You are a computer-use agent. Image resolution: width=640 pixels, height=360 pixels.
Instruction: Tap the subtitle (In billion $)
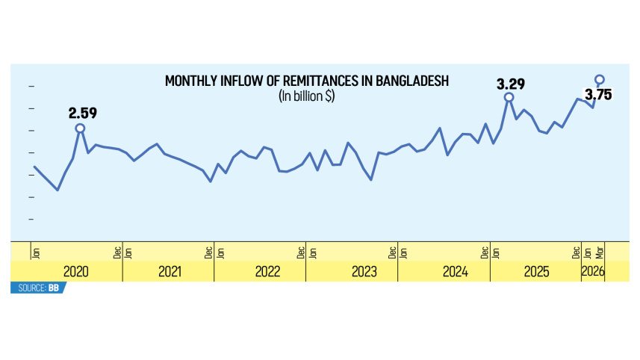[306, 96]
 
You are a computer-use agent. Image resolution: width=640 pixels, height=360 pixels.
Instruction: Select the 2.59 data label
[83, 114]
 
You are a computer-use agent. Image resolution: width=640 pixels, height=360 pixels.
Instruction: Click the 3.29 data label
[512, 84]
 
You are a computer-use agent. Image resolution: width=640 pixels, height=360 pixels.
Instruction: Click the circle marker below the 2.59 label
[80, 128]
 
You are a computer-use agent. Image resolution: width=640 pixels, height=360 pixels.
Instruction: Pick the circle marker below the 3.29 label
[509, 97]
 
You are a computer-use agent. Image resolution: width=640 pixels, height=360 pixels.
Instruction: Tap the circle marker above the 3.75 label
[599, 78]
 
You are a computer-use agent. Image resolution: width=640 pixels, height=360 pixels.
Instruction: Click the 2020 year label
[76, 272]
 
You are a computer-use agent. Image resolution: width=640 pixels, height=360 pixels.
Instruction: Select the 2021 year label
[170, 272]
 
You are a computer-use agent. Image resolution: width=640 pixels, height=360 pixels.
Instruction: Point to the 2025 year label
[536, 272]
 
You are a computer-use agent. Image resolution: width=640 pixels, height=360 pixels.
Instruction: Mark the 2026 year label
[594, 272]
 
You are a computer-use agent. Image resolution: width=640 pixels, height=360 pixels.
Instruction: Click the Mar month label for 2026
[599, 252]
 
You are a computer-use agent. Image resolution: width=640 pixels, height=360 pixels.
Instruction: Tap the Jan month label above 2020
[35, 252]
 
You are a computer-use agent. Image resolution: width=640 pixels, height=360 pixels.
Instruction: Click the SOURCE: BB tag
[37, 288]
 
